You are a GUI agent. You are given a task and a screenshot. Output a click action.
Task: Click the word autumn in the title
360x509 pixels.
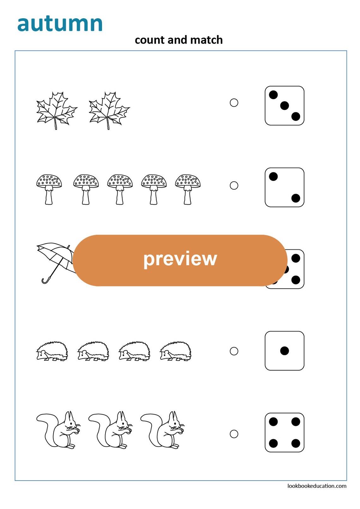pos(60,24)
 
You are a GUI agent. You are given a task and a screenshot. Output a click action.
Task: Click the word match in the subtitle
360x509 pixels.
pos(207,40)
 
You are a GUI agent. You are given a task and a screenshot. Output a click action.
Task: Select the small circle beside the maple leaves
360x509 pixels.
pos(234,103)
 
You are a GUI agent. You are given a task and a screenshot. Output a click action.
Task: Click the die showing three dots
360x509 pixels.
pos(284,106)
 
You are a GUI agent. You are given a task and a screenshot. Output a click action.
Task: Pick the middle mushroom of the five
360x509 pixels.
pos(120,189)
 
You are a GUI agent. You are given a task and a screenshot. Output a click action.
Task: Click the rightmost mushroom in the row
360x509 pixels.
pos(188,189)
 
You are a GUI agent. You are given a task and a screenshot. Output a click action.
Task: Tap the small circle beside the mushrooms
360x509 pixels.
pos(234,185)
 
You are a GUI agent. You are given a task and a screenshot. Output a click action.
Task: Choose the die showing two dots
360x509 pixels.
pos(284,187)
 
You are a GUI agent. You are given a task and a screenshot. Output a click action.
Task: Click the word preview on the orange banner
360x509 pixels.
pos(180,259)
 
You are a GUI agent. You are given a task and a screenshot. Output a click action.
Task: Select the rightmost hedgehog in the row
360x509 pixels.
pos(176,351)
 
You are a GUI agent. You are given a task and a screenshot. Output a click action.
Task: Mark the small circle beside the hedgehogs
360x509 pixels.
pos(234,351)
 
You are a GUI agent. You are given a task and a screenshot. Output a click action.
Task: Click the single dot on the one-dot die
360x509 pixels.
pos(284,351)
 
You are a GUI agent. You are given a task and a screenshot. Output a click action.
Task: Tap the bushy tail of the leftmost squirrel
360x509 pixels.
pos(47,425)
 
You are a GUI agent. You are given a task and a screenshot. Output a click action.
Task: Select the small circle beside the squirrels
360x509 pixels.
pos(234,434)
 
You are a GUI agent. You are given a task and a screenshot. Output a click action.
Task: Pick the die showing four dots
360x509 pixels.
pos(284,432)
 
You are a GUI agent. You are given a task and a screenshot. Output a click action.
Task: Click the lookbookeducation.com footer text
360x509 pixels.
pos(316,486)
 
